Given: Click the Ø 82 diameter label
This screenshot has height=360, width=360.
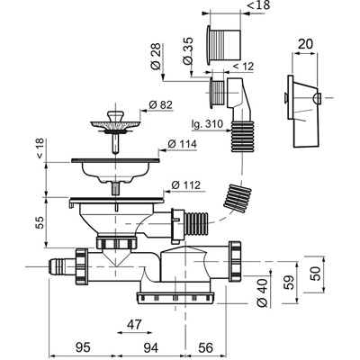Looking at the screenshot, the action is (161, 105).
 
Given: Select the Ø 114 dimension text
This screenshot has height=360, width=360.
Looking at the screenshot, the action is (182, 144).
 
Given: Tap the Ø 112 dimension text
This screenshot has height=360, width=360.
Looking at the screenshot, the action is (186, 185).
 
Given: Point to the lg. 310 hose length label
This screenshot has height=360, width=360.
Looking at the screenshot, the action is (207, 123).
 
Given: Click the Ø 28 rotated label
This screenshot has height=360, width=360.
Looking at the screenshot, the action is (156, 57).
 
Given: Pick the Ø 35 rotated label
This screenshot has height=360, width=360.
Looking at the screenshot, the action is (188, 50).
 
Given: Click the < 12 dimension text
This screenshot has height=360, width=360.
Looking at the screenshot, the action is (243, 67).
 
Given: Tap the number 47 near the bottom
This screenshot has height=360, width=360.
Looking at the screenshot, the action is (134, 325).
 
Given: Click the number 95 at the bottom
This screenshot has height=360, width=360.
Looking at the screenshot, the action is (83, 347).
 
